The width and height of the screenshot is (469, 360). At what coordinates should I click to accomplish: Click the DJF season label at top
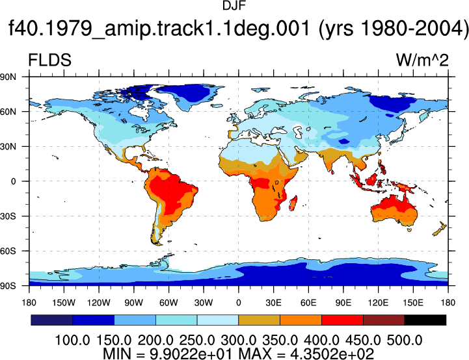[234, 6]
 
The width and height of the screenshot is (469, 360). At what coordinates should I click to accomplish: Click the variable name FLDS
[49, 60]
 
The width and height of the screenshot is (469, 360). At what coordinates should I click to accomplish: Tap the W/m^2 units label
[422, 60]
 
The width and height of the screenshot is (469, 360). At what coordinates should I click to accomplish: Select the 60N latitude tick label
[8, 112]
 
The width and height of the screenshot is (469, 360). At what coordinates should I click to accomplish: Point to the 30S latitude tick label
[8, 216]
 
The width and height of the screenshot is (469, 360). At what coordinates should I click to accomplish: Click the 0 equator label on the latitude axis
[13, 181]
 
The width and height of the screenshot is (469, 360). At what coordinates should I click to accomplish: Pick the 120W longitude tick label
[99, 303]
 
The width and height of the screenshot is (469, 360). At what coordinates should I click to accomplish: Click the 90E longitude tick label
[343, 303]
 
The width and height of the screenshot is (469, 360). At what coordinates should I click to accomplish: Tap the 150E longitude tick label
[413, 303]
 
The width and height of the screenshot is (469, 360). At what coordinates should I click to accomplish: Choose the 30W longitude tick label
[204, 303]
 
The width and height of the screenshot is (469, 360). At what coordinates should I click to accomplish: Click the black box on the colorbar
[425, 320]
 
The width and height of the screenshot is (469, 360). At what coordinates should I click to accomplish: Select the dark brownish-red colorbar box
[384, 320]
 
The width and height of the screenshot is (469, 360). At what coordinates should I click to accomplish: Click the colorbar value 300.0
[238, 340]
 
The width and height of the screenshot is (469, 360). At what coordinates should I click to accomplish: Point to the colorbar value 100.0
[72, 340]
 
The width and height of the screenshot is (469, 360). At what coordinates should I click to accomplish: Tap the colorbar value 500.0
[405, 340]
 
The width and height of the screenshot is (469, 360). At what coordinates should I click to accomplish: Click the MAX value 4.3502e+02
[332, 354]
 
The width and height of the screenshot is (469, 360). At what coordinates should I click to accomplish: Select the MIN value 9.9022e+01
[191, 354]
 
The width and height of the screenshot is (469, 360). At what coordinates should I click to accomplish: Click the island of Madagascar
[293, 203]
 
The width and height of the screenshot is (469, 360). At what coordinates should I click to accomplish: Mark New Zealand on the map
[440, 229]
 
